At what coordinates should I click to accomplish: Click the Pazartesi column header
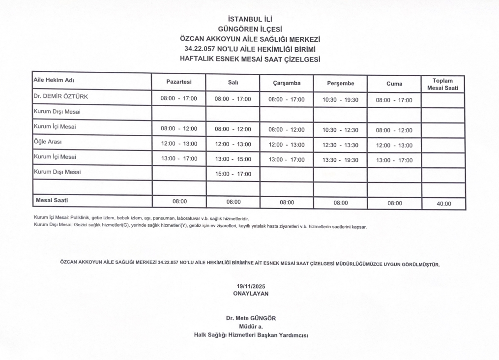pos(178,82)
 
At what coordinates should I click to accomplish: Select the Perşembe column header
pos(340,83)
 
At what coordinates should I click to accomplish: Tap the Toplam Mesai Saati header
pos(442,84)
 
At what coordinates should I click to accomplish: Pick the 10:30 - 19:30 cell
pos(340,99)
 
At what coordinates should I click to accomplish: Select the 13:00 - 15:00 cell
pos(233,159)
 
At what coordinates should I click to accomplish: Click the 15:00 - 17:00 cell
pos(233,174)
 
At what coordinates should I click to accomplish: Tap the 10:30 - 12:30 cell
pos(340,130)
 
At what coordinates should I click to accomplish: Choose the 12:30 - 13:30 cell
pos(340,145)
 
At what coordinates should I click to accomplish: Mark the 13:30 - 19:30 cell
pos(340,159)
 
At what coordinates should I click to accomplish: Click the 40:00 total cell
pos(443,203)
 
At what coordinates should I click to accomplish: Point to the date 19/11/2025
pos(251,286)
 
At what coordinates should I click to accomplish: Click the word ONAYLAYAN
pos(251,293)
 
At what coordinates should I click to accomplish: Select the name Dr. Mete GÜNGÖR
pos(251,318)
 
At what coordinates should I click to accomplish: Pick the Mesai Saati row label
pos(52,200)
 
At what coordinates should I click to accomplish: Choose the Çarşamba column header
pos(287,83)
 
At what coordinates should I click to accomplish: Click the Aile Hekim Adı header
pos(54,80)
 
